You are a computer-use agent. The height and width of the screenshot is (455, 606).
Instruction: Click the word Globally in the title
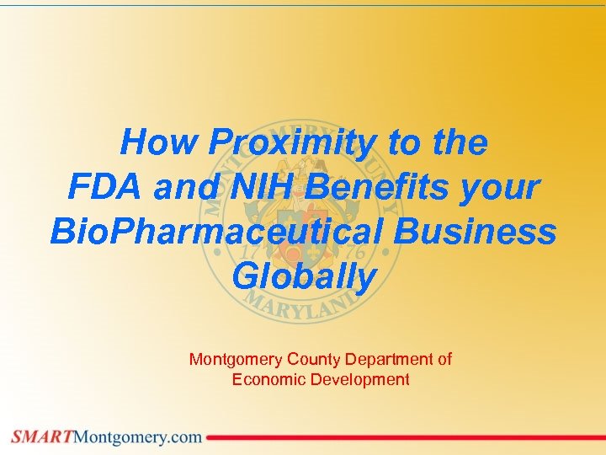(303, 276)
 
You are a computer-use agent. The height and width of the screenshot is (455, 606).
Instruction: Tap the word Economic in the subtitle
(268, 379)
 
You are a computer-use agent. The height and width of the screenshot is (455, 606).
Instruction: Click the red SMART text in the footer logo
(42, 436)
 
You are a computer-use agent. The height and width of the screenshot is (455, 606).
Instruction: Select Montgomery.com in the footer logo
(139, 436)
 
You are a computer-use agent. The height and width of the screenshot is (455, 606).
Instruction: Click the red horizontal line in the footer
(404, 437)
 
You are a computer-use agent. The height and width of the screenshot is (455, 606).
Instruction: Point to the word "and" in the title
(183, 187)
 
